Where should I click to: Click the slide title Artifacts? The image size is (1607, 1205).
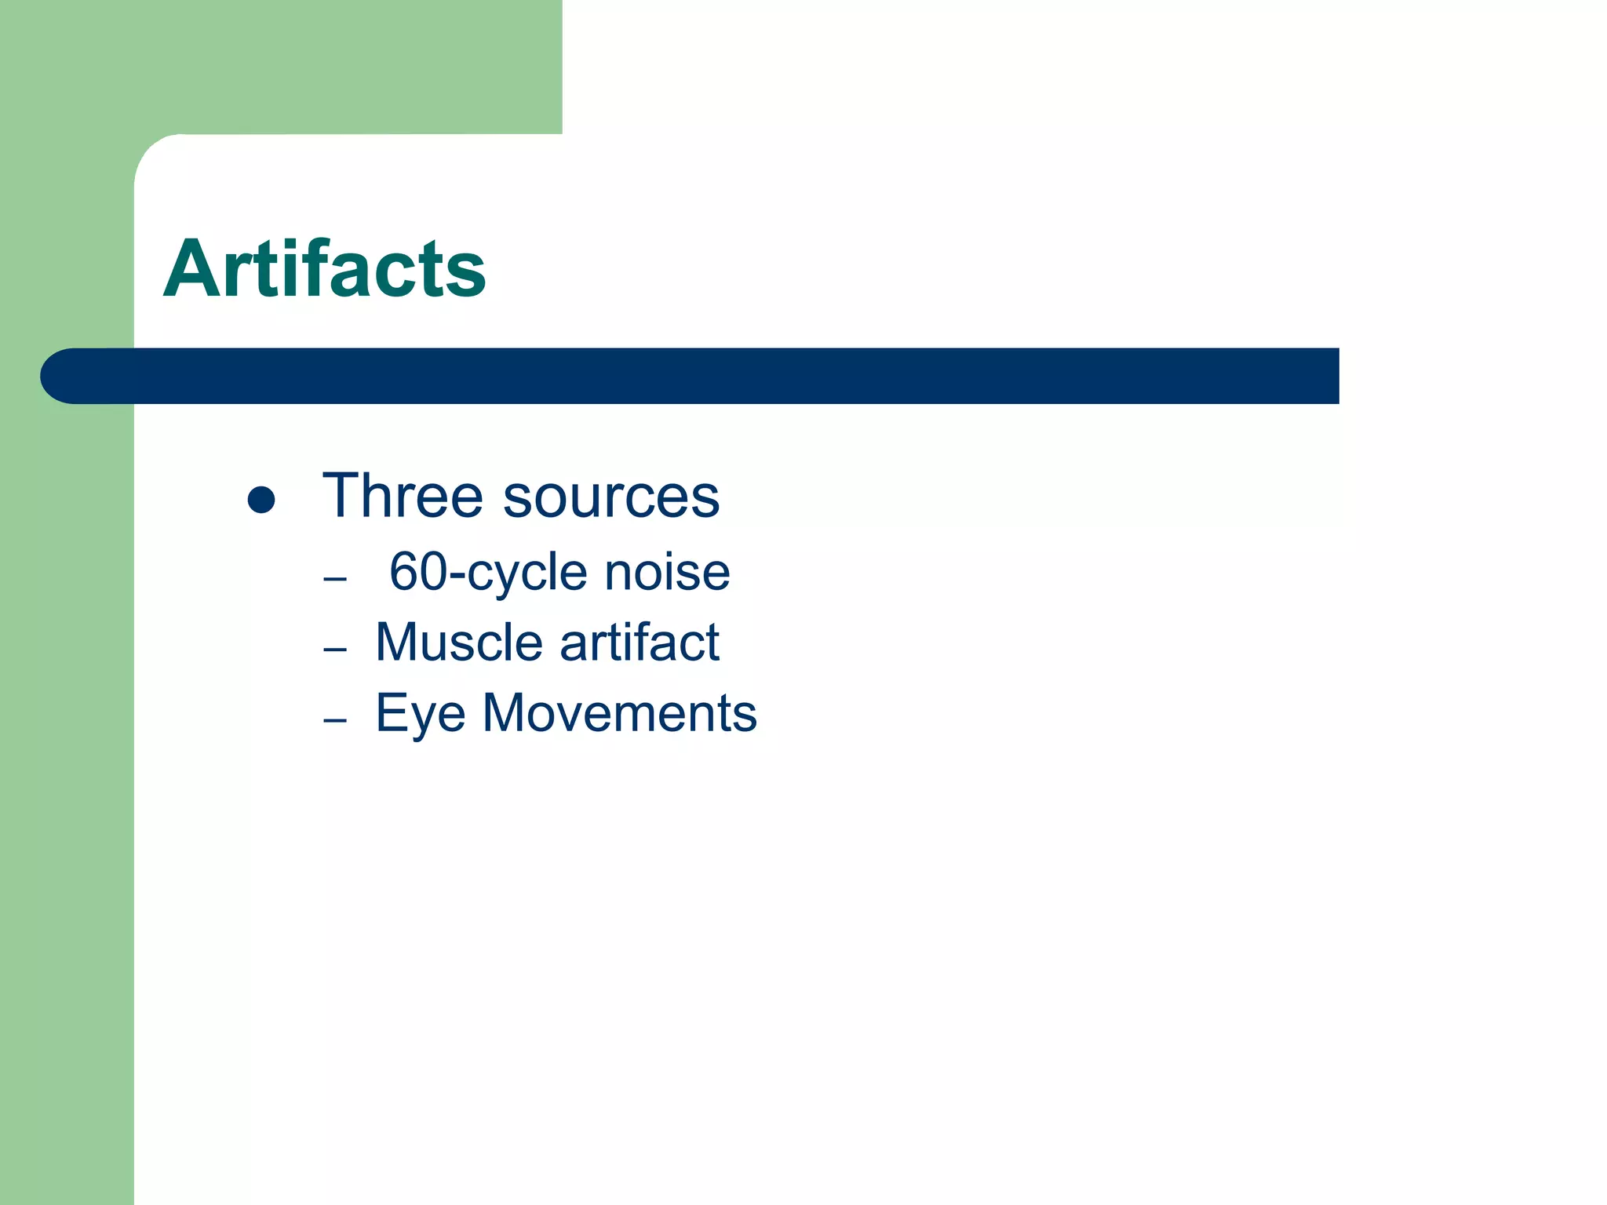pyautogui.click(x=324, y=268)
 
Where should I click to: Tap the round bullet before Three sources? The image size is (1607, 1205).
pyautogui.click(x=261, y=500)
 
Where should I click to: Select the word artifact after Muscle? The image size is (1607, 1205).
pyautogui.click(x=640, y=643)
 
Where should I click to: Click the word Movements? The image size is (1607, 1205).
pyautogui.click(x=619, y=713)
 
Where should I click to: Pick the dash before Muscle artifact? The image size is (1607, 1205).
pyautogui.click(x=335, y=650)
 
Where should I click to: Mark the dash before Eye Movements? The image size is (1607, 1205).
pyautogui.click(x=335, y=720)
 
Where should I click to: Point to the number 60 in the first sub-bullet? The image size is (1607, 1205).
pyautogui.click(x=417, y=572)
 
